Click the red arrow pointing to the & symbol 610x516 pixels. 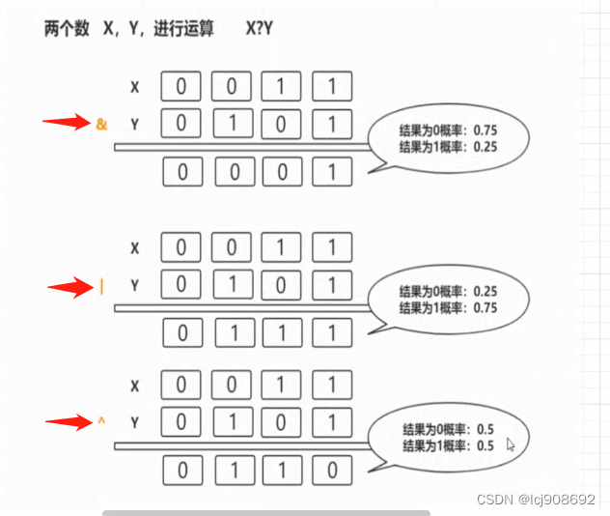[67, 123]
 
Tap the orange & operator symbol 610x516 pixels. [102, 125]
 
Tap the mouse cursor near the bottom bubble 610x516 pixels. [511, 444]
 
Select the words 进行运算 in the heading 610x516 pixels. [182, 29]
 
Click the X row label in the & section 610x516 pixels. [135, 87]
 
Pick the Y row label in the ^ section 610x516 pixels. [135, 421]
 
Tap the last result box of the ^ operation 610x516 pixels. [332, 472]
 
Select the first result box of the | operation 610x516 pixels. [181, 334]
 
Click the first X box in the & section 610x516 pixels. [181, 86]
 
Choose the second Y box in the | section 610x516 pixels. [232, 285]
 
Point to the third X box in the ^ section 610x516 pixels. [282, 385]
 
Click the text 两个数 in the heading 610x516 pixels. [66, 29]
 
